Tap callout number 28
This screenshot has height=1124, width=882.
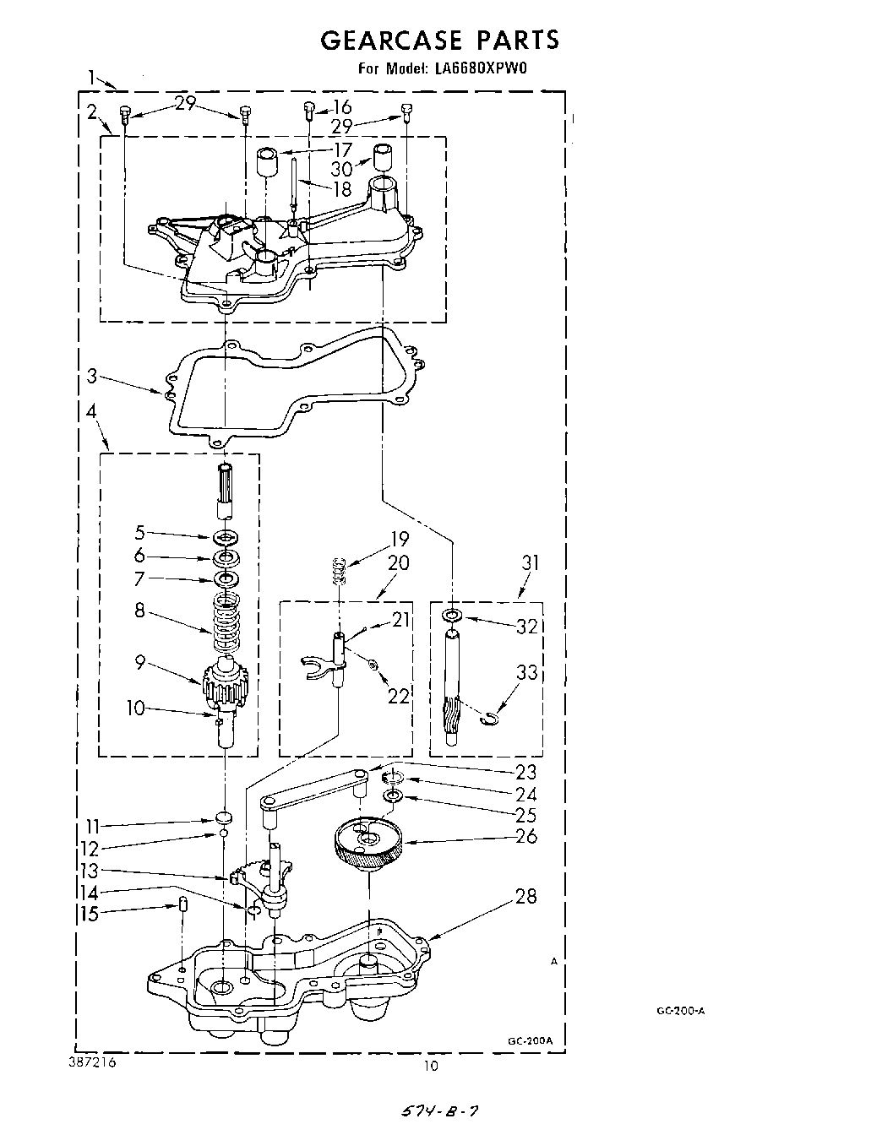[x=525, y=896]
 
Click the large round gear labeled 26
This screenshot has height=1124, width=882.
[x=368, y=841]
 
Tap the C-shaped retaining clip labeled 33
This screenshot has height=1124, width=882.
[x=487, y=718]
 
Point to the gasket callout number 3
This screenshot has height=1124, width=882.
[x=92, y=376]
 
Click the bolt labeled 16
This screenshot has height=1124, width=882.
[x=310, y=110]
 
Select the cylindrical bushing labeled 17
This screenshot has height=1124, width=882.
[x=268, y=160]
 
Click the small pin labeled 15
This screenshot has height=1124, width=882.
[x=182, y=908]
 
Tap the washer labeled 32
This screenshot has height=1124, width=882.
[x=454, y=615]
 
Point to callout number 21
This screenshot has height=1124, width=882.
[x=400, y=620]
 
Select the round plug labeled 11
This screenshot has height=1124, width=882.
[x=224, y=817]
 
